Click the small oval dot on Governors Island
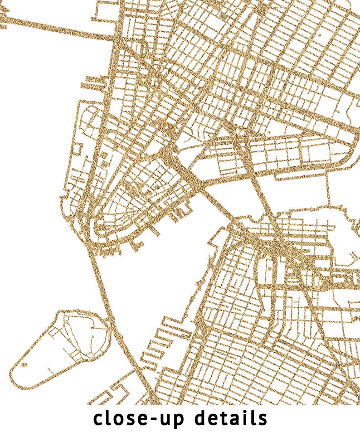coord(24,364)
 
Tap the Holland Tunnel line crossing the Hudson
coord(54,27)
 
